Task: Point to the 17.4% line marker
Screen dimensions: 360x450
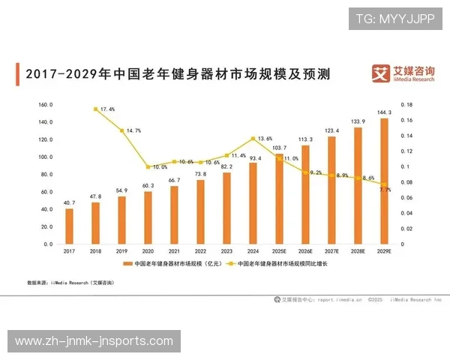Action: click(95, 109)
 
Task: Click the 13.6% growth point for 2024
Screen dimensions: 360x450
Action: click(253, 139)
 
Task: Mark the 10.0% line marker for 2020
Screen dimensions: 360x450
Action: click(148, 167)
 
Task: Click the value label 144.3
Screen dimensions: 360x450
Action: click(385, 112)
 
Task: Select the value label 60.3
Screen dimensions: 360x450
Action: click(148, 185)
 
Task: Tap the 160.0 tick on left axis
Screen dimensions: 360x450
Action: click(44, 105)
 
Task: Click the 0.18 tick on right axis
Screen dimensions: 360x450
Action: click(406, 105)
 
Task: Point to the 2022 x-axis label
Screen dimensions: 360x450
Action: click(200, 251)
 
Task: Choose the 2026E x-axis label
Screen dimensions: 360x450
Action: click(305, 251)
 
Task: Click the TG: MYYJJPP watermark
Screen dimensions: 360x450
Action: click(394, 18)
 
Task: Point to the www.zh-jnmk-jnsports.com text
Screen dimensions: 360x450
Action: click(94, 341)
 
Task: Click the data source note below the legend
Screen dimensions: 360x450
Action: click(70, 283)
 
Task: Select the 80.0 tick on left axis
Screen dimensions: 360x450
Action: click(44, 175)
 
